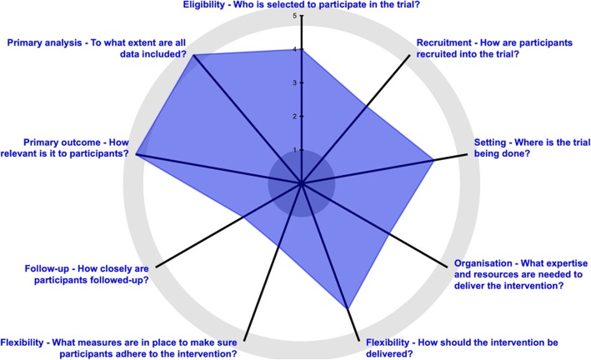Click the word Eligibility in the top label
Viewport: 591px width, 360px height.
pyautogui.click(x=207, y=5)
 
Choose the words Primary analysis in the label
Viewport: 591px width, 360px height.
pyautogui.click(x=43, y=42)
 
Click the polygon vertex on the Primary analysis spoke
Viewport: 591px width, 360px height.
pyautogui.click(x=194, y=55)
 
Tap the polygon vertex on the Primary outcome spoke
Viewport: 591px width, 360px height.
pyautogui.click(x=136, y=155)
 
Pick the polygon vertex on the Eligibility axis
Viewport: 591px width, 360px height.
pyautogui.click(x=301, y=50)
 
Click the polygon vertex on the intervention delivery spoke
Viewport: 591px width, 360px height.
pyautogui.click(x=346, y=308)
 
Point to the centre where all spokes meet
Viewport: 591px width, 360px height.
pyautogui.click(x=301, y=183)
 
